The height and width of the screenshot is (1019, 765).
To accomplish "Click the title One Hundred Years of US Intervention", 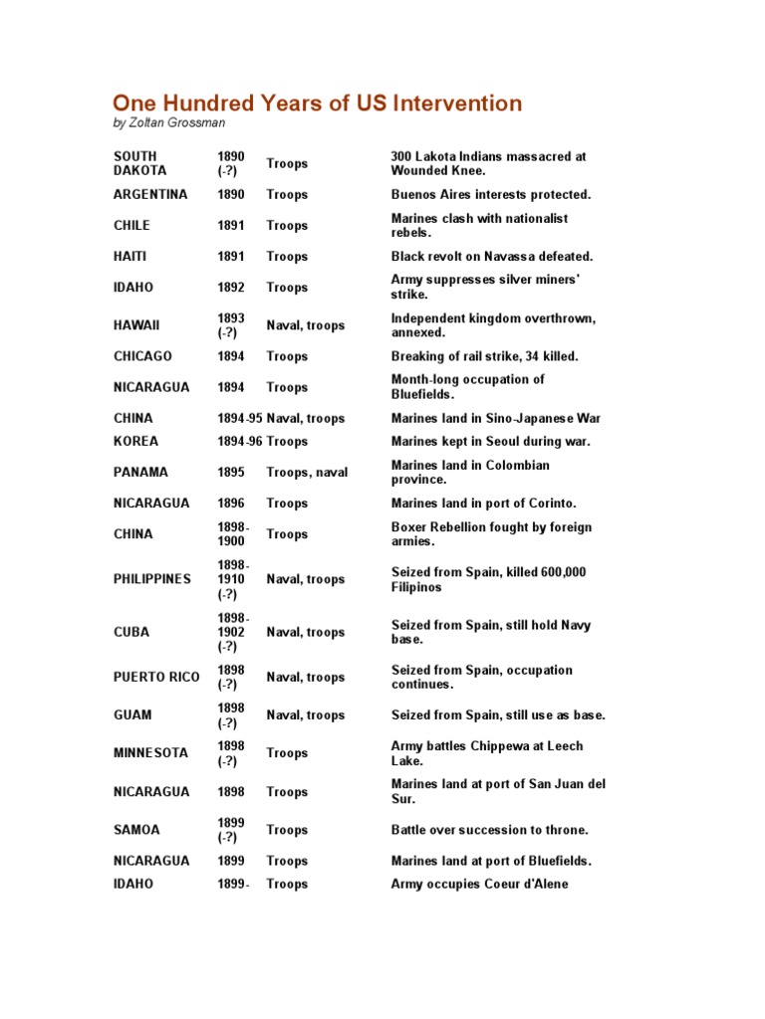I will (317, 103).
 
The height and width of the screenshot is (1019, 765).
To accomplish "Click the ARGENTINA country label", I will (150, 194).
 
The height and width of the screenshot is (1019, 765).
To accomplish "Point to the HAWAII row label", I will (136, 325).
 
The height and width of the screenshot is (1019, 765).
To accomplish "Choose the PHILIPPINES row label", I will (152, 579).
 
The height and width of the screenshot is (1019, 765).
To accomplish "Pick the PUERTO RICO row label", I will (156, 677).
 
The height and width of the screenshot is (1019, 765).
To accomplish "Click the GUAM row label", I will (132, 714).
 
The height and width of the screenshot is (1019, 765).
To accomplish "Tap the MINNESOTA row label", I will (151, 753).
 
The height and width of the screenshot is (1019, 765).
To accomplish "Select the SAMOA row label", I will (136, 830).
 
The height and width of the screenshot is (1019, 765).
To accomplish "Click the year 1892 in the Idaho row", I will (231, 288).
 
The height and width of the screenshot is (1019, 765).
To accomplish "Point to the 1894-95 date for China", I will (240, 418).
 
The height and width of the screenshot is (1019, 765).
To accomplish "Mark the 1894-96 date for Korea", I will (240, 441).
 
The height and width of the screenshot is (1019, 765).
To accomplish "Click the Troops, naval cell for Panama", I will (307, 473).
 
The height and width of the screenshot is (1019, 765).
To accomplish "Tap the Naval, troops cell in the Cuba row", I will (306, 632).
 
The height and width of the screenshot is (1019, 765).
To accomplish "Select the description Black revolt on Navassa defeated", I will (492, 257).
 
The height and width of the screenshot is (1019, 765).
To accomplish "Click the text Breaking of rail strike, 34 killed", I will (484, 356).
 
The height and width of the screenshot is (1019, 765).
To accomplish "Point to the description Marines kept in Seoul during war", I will (490, 441).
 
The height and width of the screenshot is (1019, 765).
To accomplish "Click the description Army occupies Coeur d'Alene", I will (479, 884).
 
